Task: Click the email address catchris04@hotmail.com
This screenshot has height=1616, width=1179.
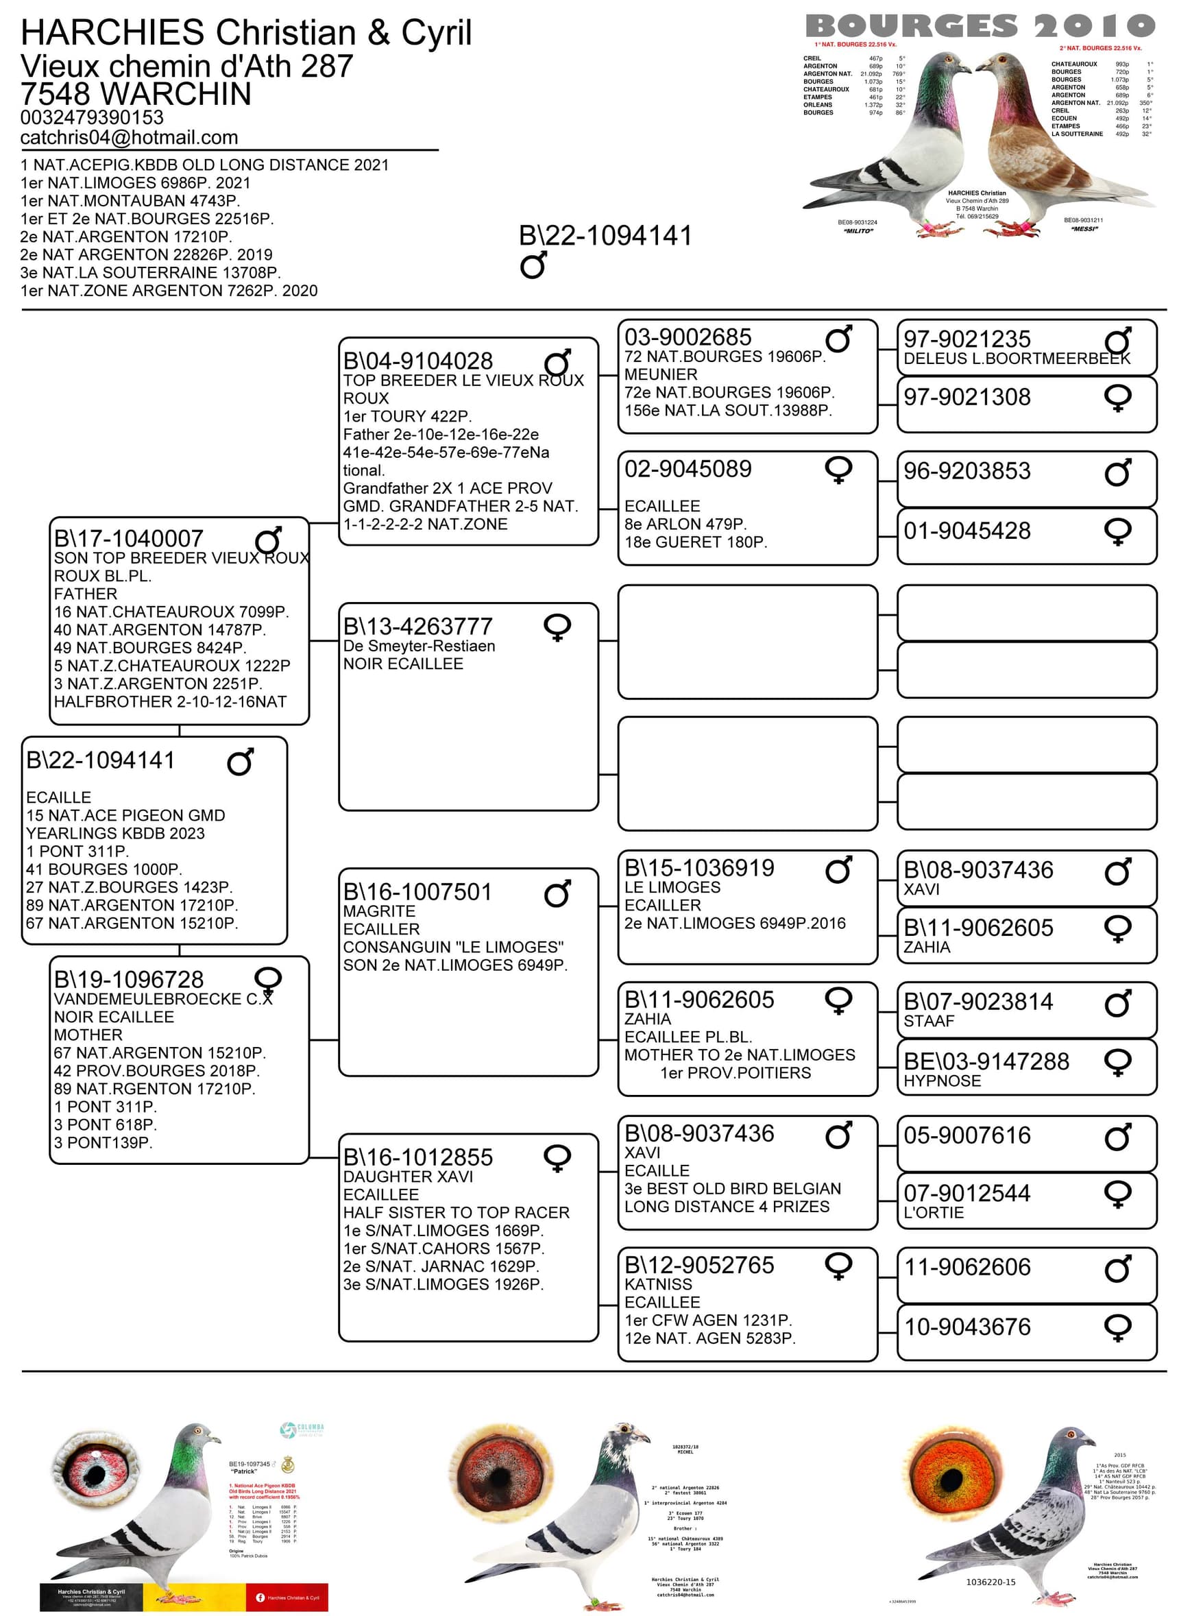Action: pos(129,137)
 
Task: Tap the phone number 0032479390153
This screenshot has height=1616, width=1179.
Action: pos(92,117)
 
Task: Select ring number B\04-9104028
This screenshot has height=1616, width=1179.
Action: pos(418,361)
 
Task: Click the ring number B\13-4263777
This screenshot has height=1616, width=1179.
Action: pos(418,626)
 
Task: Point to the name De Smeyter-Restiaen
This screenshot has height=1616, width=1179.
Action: pos(419,646)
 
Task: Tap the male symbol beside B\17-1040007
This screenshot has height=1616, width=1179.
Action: pos(267,540)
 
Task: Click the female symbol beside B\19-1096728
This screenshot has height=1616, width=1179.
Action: pos(267,980)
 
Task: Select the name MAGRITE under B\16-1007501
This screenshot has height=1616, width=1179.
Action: pos(379,911)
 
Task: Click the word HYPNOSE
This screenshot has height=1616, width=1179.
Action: pos(942,1081)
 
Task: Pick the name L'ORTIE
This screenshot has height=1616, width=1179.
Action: pos(934,1212)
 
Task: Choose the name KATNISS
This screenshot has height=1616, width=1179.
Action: pos(658,1284)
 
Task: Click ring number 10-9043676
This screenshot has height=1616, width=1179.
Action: pos(967,1327)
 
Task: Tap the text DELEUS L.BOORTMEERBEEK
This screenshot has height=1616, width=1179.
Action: pos(1017,359)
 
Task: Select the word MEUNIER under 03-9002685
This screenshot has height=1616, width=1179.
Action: pos(661,375)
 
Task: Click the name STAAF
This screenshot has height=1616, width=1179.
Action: pos(929,1021)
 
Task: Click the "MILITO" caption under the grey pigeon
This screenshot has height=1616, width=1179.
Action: pos(858,231)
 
